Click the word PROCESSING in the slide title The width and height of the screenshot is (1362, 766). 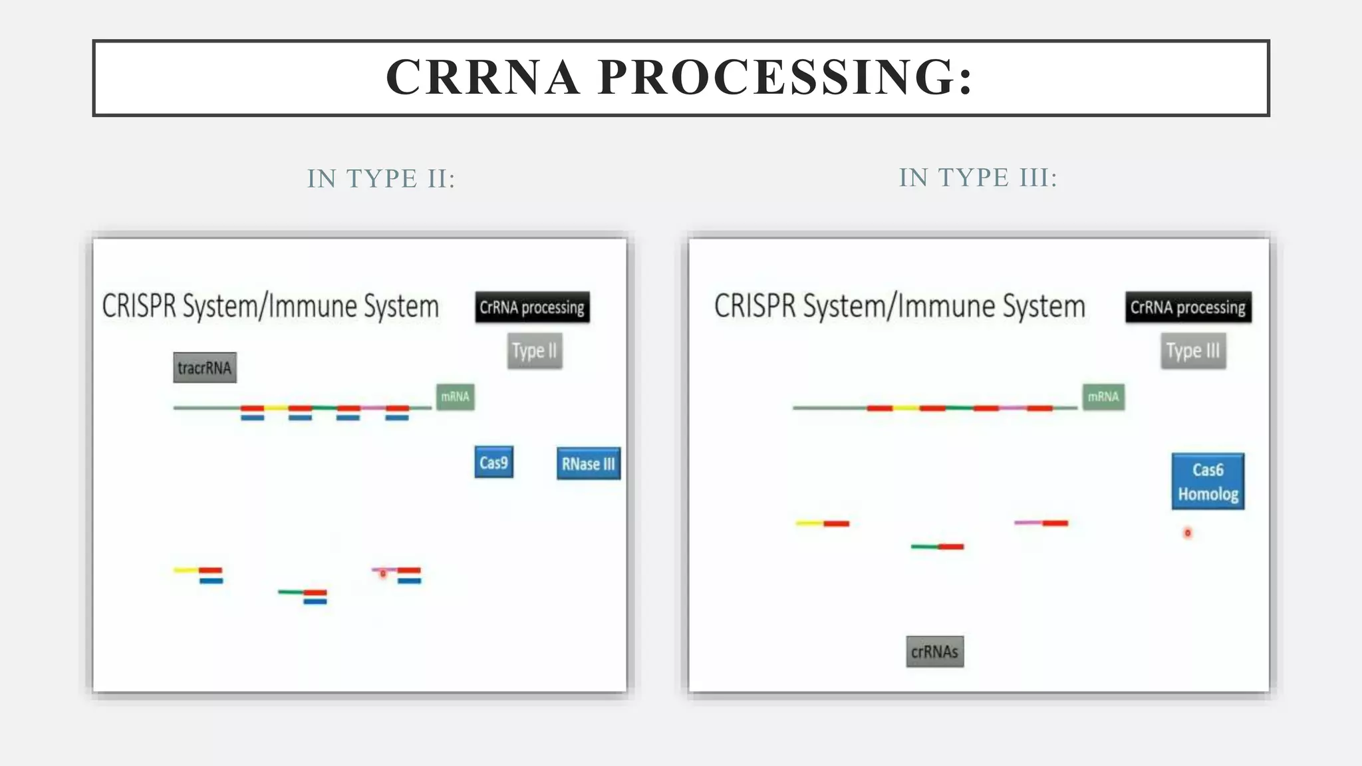(785, 77)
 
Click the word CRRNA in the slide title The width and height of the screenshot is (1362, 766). (483, 77)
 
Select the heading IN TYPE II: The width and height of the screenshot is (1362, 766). (381, 178)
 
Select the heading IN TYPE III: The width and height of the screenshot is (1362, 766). (978, 178)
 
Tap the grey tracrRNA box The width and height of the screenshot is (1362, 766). (205, 368)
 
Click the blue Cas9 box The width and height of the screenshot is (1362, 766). (493, 462)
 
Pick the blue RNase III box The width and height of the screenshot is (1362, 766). (588, 463)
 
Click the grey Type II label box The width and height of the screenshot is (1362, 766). (534, 350)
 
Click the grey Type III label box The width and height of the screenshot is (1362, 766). (1193, 350)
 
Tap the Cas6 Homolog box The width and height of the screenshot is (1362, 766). (1207, 481)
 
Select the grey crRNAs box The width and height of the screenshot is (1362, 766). (934, 652)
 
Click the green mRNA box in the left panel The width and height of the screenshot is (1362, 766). (455, 397)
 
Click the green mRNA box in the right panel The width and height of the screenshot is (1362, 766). (1103, 397)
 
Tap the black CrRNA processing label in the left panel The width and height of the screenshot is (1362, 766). (532, 307)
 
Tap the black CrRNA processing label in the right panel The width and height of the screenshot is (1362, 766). (1188, 307)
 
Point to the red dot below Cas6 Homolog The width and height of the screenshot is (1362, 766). (1188, 533)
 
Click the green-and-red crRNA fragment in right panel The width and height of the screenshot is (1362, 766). (937, 547)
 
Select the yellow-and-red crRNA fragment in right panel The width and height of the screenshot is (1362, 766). (823, 523)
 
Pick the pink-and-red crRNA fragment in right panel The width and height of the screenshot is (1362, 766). (1041, 523)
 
